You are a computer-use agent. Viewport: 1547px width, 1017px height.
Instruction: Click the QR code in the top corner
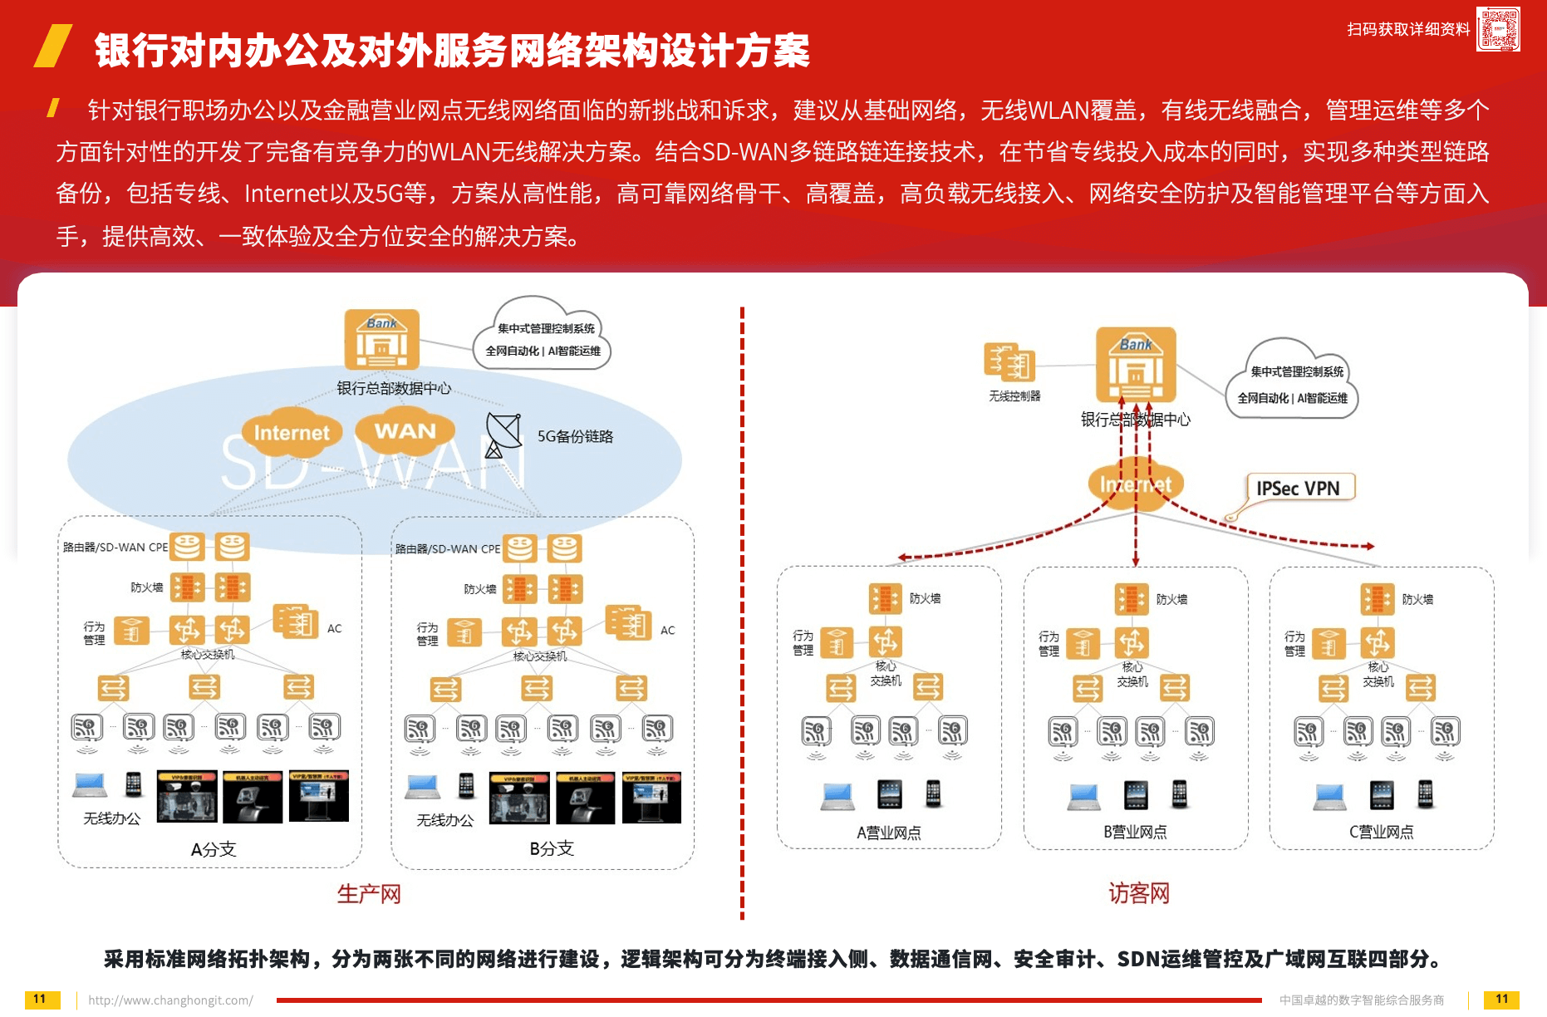(1498, 29)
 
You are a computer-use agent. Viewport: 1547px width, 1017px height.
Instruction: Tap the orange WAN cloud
(405, 431)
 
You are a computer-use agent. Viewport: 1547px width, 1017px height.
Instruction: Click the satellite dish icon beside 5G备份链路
(503, 435)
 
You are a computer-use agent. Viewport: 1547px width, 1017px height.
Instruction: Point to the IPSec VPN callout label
(1299, 489)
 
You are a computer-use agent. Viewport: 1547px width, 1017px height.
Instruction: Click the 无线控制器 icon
(1009, 362)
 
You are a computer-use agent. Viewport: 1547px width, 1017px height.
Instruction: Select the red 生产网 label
(369, 894)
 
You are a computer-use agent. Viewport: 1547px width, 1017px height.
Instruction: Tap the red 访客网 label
(1139, 893)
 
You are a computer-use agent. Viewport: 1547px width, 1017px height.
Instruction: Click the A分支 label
(214, 849)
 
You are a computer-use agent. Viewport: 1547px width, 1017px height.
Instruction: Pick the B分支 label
(552, 848)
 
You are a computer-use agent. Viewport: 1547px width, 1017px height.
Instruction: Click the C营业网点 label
(1381, 832)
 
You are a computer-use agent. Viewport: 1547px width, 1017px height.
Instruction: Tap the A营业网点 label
(888, 833)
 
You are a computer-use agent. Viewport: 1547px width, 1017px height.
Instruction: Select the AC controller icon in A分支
(296, 622)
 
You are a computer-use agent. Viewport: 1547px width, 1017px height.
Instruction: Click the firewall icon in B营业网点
(1132, 598)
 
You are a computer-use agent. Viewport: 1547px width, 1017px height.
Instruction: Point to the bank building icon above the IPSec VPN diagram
(1136, 365)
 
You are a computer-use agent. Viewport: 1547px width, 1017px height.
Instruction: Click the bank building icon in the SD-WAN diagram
(382, 339)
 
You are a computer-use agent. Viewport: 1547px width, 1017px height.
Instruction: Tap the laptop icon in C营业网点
(1329, 796)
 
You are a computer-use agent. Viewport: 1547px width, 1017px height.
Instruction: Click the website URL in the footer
(170, 1000)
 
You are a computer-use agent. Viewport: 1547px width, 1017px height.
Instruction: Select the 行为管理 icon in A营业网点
(837, 642)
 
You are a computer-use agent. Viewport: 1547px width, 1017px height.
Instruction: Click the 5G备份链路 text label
(575, 436)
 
